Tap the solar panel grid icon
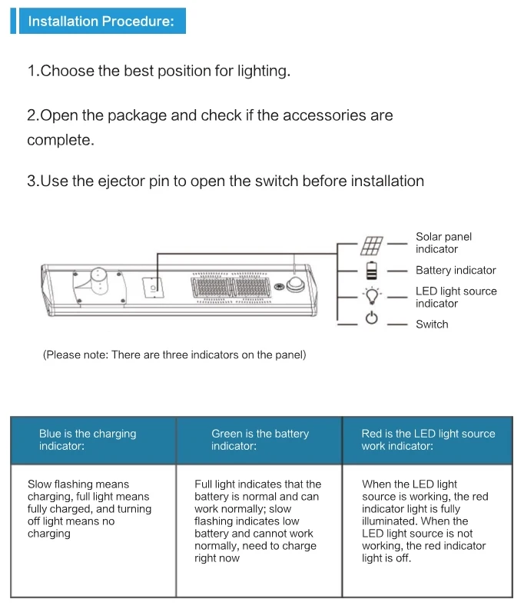pyautogui.click(x=372, y=245)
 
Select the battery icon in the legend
pyautogui.click(x=372, y=271)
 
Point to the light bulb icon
pyautogui.click(x=372, y=296)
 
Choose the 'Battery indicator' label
pyautogui.click(x=456, y=271)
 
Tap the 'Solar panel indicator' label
pyautogui.click(x=443, y=243)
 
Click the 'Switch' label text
pyautogui.click(x=432, y=324)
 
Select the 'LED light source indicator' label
pyautogui.click(x=456, y=297)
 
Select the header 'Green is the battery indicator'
pyautogui.click(x=260, y=440)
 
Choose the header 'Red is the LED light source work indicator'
pyautogui.click(x=428, y=440)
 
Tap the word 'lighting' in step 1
pyautogui.click(x=264, y=72)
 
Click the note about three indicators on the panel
pyautogui.click(x=174, y=354)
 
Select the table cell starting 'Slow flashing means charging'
pyautogui.click(x=89, y=509)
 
